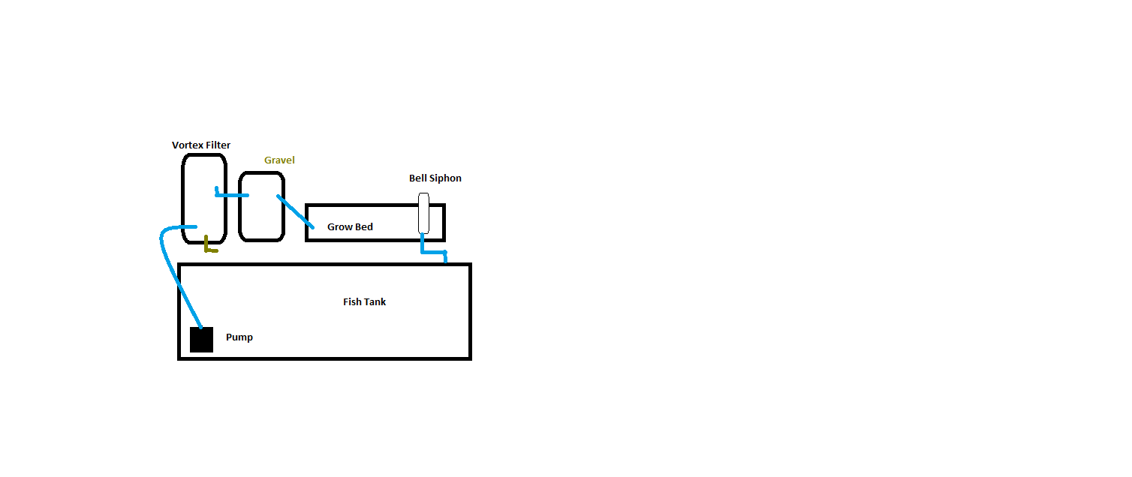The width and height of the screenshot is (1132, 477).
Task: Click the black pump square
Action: pyautogui.click(x=201, y=340)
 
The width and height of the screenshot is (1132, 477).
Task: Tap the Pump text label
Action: pyautogui.click(x=239, y=337)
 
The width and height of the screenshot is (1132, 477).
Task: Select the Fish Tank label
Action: pyautogui.click(x=364, y=301)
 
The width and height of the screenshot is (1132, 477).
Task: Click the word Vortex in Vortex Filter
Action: pyautogui.click(x=188, y=145)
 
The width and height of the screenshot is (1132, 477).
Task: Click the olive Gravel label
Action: pyautogui.click(x=279, y=160)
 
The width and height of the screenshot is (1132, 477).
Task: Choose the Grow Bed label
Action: pyautogui.click(x=351, y=227)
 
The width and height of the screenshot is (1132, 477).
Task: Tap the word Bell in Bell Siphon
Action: pyautogui.click(x=417, y=178)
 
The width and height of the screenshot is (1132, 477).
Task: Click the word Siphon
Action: pyautogui.click(x=445, y=178)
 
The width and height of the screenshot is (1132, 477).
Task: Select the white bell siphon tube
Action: pyautogui.click(x=424, y=213)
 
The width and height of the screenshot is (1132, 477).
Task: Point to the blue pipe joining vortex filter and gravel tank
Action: pyautogui.click(x=231, y=195)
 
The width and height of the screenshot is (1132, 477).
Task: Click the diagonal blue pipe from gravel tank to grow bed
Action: pyautogui.click(x=296, y=212)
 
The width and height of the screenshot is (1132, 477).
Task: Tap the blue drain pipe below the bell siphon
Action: pyautogui.click(x=434, y=251)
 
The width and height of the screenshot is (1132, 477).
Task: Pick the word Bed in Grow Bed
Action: pyautogui.click(x=364, y=227)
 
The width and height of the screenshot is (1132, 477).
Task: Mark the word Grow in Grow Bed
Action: pyautogui.click(x=339, y=227)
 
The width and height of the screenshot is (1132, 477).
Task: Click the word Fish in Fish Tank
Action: pyautogui.click(x=352, y=301)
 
